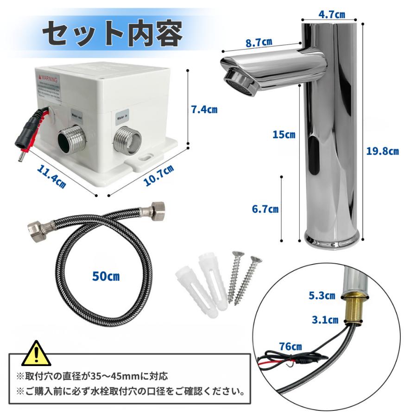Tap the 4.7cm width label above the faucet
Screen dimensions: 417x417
[332, 14]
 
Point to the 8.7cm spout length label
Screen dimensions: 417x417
[259, 43]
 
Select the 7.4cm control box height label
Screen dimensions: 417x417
[204, 110]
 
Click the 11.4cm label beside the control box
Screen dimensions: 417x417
[51, 177]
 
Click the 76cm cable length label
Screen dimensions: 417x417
[290, 346]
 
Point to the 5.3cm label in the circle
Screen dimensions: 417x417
[322, 295]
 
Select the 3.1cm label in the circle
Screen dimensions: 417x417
[324, 320]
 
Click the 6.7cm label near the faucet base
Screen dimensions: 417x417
[265, 209]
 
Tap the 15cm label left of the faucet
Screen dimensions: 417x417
[284, 135]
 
